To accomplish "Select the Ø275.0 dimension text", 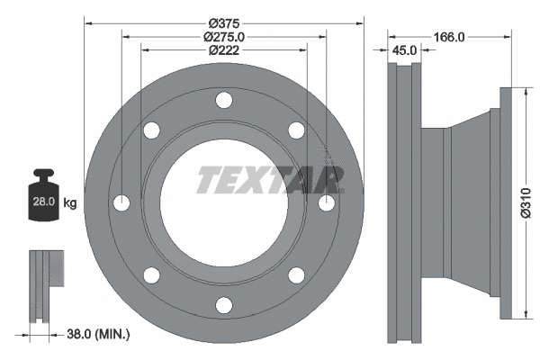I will tap(224, 36).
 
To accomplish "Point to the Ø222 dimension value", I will tap(224, 50).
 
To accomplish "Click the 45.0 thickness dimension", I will tap(403, 50).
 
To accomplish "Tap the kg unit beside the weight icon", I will tap(70, 204).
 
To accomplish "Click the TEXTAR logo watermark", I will tap(270, 179).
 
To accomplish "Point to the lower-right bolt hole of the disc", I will tap(295, 275).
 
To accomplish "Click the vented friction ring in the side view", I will tap(402, 202).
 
